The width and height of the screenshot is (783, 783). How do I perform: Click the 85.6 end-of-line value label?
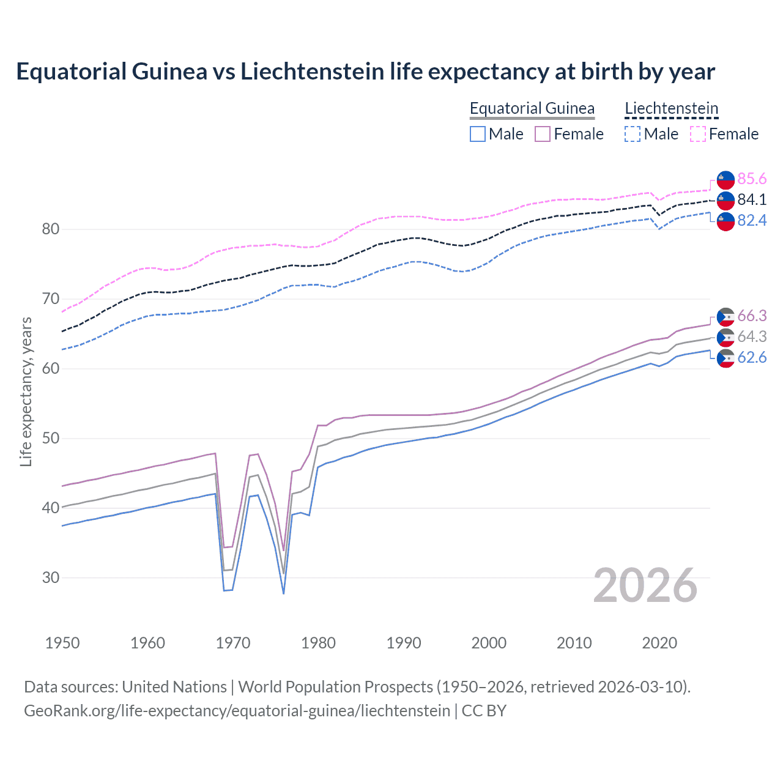click(x=752, y=179)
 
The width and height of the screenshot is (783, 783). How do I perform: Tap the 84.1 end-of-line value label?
click(x=752, y=199)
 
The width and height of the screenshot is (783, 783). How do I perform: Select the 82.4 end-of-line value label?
click(x=752, y=220)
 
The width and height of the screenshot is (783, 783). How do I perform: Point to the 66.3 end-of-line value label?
click(x=752, y=316)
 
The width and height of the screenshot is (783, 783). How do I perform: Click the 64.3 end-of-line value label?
click(x=752, y=336)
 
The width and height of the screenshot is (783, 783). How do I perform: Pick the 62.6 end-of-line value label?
click(x=752, y=357)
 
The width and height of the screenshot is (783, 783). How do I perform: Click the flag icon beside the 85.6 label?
click(x=725, y=179)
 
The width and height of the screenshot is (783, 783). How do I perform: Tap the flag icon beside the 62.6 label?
click(x=725, y=358)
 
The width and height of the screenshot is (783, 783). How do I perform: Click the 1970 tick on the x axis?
click(x=233, y=643)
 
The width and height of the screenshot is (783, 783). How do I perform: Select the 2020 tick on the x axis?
click(x=659, y=643)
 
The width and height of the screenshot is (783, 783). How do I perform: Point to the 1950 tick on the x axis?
click(x=62, y=643)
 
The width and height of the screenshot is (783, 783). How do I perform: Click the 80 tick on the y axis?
click(x=50, y=229)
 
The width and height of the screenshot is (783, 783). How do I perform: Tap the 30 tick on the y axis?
click(x=50, y=577)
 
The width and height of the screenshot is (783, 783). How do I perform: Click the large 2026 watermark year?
click(x=645, y=585)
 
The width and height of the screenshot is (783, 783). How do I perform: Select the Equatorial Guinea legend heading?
click(x=532, y=108)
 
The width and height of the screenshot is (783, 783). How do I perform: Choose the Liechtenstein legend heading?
click(x=671, y=108)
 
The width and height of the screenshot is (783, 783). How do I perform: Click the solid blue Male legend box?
click(x=478, y=134)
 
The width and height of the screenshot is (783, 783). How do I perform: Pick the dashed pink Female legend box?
click(x=698, y=134)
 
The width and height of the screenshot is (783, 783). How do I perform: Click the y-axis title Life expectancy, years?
click(x=26, y=391)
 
